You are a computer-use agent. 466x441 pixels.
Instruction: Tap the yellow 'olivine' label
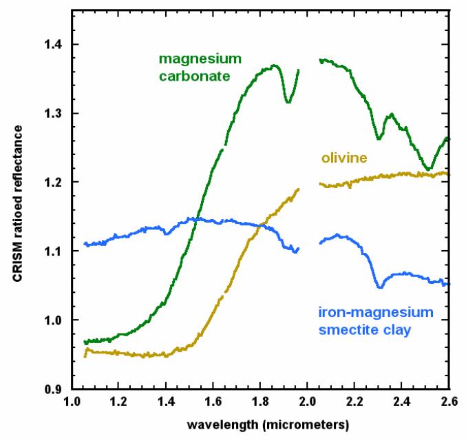pyautogui.click(x=343, y=158)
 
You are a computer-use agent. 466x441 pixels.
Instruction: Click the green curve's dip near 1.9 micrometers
pyautogui.click(x=287, y=102)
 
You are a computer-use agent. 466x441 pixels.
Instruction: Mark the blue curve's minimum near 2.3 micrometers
pyautogui.click(x=379, y=286)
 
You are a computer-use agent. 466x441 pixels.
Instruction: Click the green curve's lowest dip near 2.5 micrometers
pyautogui.click(x=428, y=169)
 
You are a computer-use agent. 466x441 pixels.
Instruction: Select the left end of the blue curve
pyautogui.click(x=85, y=244)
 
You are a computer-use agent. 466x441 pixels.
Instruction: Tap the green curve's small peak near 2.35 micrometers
pyautogui.click(x=390, y=114)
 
